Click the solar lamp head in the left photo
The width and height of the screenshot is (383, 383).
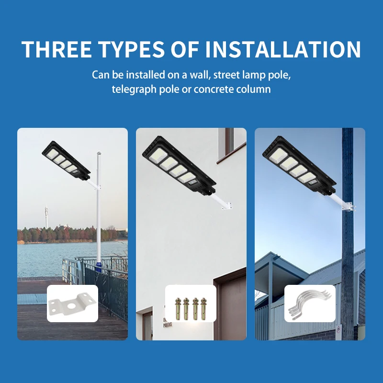[x=66, y=161]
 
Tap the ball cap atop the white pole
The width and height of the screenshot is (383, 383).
[x=98, y=154]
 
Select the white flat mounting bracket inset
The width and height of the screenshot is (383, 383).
[x=72, y=304]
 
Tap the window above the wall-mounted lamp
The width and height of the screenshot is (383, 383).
[x=229, y=141]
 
